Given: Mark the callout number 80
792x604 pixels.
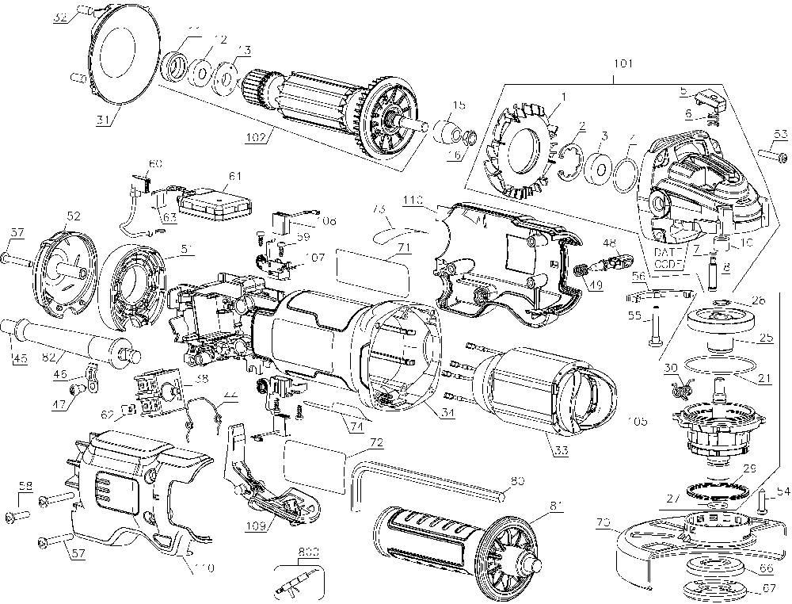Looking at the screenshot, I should tap(516, 480).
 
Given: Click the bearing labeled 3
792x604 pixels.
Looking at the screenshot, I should tap(603, 167).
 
